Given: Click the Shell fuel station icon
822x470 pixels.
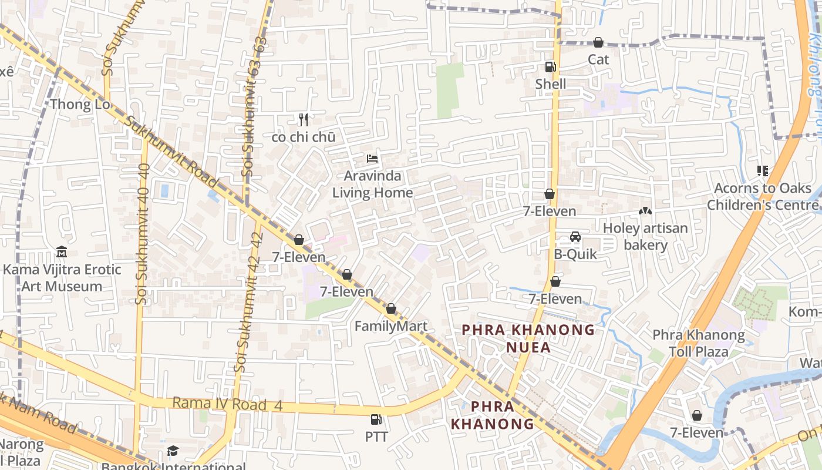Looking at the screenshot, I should click(550, 67).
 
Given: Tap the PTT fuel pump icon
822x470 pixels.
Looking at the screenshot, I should click(376, 419).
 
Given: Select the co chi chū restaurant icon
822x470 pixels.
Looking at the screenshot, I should click(304, 120).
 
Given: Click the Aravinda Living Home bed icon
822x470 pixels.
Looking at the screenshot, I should click(372, 158).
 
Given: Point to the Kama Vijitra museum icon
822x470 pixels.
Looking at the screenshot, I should click(62, 252).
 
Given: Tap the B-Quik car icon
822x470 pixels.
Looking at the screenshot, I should click(575, 237).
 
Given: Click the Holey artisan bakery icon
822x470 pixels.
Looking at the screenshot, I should click(645, 210).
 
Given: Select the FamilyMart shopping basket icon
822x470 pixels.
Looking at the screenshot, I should click(391, 308).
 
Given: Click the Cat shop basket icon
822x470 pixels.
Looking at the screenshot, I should click(598, 42).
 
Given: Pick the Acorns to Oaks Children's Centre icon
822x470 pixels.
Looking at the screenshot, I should click(763, 171).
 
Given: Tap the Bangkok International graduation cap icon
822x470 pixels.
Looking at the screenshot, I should click(173, 451).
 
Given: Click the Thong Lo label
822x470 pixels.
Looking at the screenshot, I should click(80, 105).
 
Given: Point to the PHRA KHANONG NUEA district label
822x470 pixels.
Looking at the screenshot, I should click(528, 338).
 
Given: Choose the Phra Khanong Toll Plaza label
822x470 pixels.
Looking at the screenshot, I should click(699, 344).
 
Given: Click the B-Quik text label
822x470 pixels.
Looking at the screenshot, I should click(575, 254).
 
